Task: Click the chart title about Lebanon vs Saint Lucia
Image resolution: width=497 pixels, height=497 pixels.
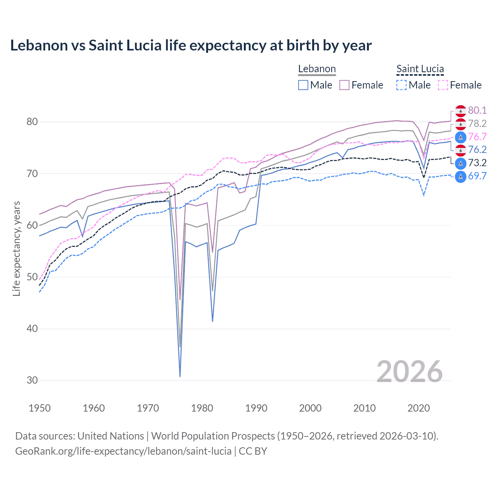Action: click(191, 45)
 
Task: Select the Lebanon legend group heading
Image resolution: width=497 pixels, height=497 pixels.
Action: click(317, 69)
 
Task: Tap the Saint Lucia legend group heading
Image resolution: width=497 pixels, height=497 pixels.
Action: click(420, 69)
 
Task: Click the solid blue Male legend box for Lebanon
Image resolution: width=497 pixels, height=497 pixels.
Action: click(303, 85)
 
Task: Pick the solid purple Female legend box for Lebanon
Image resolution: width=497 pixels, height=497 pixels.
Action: click(344, 85)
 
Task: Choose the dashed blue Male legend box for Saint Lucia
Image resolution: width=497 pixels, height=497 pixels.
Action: click(401, 85)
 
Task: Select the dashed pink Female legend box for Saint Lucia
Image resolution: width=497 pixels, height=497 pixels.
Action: click(443, 85)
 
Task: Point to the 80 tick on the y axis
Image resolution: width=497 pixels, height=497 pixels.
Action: click(32, 122)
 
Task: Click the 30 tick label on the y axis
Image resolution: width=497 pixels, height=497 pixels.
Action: click(32, 380)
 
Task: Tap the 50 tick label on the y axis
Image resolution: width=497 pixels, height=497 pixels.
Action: click(32, 277)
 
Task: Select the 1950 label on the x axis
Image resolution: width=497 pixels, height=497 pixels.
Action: click(40, 408)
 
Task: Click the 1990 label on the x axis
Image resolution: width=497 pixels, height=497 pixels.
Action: click(256, 408)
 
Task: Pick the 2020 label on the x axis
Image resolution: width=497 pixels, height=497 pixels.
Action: click(419, 408)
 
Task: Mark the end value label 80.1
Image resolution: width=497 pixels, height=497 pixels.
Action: click(477, 111)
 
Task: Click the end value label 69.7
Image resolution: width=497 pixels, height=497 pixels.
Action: click(477, 176)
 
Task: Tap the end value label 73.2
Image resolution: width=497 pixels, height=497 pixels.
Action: click(477, 163)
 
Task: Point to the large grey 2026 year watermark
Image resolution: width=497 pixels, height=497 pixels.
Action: click(409, 372)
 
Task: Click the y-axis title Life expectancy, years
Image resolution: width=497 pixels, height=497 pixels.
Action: click(16, 248)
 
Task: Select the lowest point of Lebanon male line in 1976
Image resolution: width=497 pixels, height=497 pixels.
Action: click(180, 376)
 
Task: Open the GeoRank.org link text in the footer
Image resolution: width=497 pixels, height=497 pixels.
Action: click(123, 451)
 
